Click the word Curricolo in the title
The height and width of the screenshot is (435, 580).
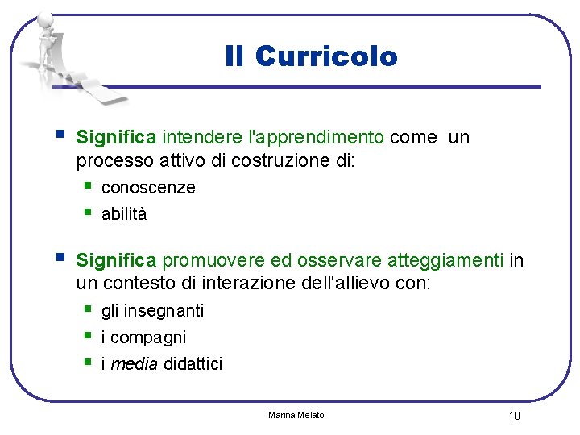(x=326, y=56)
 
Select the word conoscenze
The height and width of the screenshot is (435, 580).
(x=148, y=188)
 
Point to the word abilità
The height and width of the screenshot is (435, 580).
(x=124, y=214)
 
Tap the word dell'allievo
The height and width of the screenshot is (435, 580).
(x=365, y=284)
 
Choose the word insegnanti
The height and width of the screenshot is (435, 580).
(x=164, y=311)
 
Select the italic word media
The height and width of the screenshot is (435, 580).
(x=134, y=364)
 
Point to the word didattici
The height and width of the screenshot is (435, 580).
(x=193, y=364)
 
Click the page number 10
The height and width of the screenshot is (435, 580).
(x=514, y=416)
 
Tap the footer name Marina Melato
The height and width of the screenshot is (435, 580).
(x=296, y=415)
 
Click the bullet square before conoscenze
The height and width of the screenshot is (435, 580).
(x=88, y=187)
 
